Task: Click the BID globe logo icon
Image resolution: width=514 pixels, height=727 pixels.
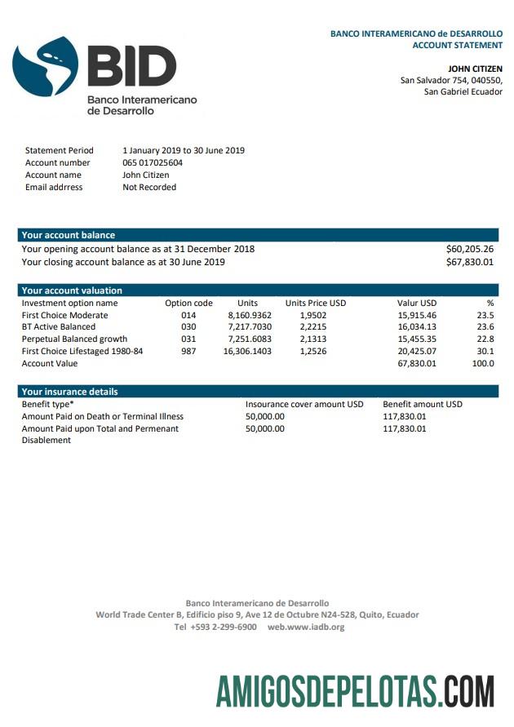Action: [46, 67]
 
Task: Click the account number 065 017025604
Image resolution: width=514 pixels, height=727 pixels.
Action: [153, 162]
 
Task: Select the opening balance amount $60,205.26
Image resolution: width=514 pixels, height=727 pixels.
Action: [469, 249]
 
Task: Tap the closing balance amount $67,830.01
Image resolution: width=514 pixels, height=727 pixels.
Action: [469, 262]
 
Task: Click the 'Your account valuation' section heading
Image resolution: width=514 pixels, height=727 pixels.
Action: [72, 290]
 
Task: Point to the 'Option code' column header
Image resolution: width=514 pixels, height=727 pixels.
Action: [188, 303]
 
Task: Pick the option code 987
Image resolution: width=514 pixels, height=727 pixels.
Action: [188, 351]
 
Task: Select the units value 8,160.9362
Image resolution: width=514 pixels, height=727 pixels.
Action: [250, 315]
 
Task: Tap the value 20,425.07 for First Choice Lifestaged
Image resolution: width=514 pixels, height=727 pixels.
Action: [417, 351]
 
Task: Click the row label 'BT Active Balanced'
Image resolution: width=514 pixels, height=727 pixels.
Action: [58, 326]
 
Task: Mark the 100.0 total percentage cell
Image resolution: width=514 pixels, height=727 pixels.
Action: [483, 363]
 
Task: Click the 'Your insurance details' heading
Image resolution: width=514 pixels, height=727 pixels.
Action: [69, 392]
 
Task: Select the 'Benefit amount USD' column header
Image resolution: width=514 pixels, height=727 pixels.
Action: [423, 404]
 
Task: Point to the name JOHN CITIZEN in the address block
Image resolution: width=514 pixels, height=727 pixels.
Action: [475, 69]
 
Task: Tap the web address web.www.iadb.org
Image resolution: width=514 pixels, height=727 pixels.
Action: [306, 627]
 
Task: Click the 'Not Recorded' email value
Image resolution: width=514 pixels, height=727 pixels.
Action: [149, 187]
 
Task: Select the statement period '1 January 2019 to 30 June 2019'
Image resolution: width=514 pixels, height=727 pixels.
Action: [184, 150]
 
